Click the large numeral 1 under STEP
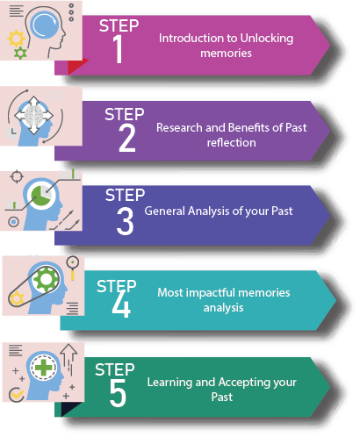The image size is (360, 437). coord(118,49)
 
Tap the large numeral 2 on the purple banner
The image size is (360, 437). coord(127,138)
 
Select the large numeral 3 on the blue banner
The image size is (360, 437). coord(126,221)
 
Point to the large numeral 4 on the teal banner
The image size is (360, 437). coord(121,304)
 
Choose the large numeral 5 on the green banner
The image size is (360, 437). coord(118,393)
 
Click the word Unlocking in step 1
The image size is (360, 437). coord(267,39)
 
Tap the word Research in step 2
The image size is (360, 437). coord(179,127)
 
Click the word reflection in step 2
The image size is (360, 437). coord(232,143)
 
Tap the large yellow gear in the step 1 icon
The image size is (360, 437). coord(16,39)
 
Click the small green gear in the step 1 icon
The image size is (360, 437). coord(20,53)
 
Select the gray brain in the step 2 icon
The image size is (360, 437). coord(35,115)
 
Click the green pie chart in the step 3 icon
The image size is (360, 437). coord(40,195)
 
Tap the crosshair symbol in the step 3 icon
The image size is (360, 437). coord(17,176)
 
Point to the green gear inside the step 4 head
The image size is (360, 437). coord(46,279)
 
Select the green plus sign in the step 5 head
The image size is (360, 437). coord(44,367)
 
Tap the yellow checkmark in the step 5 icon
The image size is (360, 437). coord(18,395)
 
